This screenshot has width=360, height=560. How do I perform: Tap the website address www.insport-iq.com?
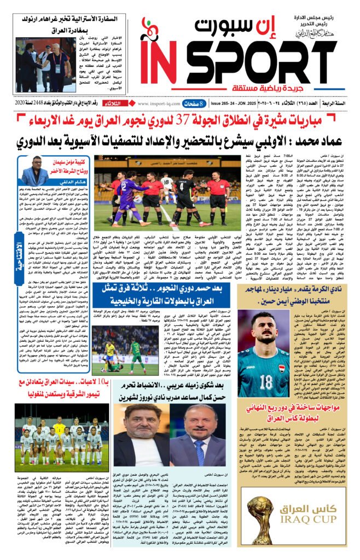coord(158,103)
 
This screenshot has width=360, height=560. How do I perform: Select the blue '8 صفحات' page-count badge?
coord(193,103)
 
